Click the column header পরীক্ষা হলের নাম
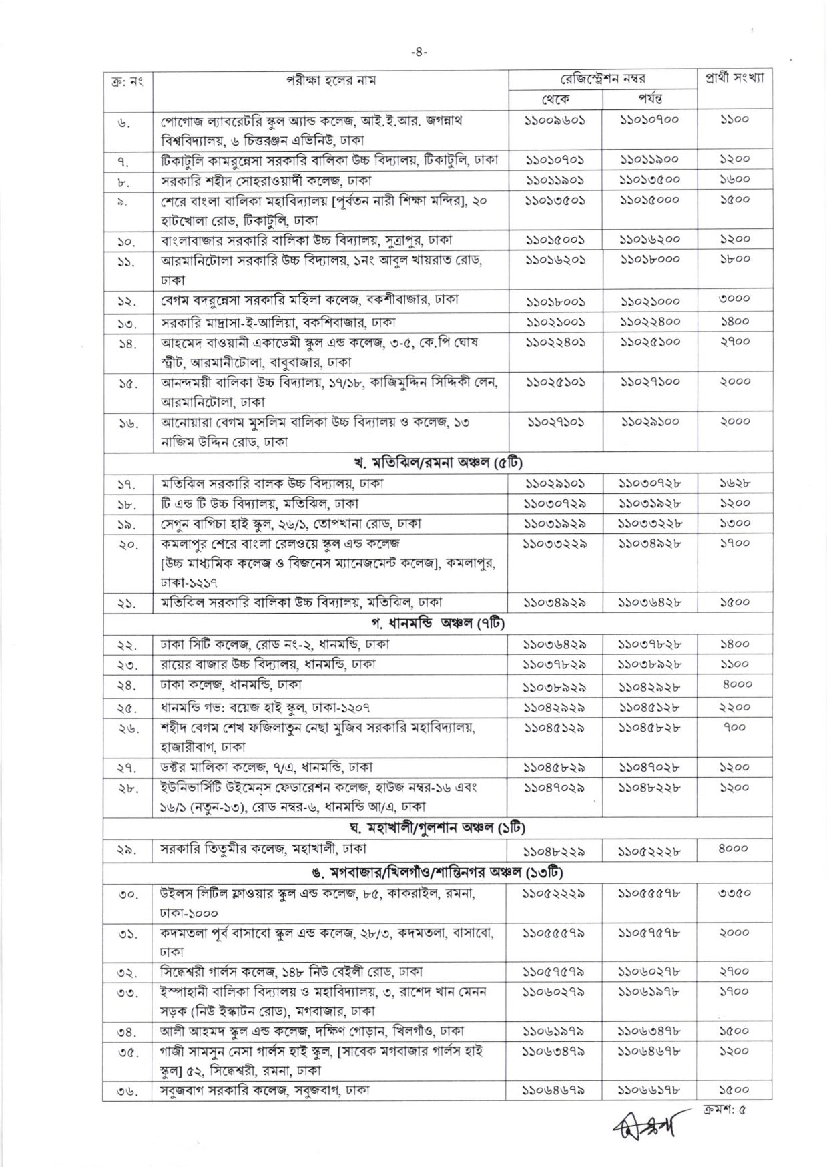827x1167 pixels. pyautogui.click(x=331, y=81)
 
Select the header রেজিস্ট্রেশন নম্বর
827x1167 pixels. pyautogui.click(x=602, y=79)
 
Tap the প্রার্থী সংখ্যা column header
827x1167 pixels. pyautogui.click(x=734, y=77)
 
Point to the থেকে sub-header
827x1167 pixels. pyautogui.click(x=555, y=99)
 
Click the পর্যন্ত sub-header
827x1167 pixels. pyautogui.click(x=649, y=99)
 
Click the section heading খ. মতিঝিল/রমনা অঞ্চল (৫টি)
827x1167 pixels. pyautogui.click(x=437, y=462)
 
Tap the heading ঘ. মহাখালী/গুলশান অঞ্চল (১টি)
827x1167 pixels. pyautogui.click(x=437, y=828)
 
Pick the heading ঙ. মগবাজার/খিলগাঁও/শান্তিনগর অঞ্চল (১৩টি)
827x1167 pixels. pyautogui.click(x=437, y=872)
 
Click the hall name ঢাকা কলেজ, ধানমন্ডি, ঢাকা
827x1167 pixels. pyautogui.click(x=231, y=684)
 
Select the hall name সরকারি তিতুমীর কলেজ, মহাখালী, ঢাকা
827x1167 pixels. pyautogui.click(x=263, y=849)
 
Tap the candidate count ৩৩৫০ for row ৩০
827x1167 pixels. pyautogui.click(x=734, y=893)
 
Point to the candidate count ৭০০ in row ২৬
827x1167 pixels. pyautogui.click(x=734, y=727)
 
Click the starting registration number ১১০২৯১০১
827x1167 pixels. pyautogui.click(x=555, y=483)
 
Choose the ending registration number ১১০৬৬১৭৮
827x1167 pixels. pyautogui.click(x=649, y=1090)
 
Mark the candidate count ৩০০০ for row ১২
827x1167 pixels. pyautogui.click(x=734, y=299)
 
